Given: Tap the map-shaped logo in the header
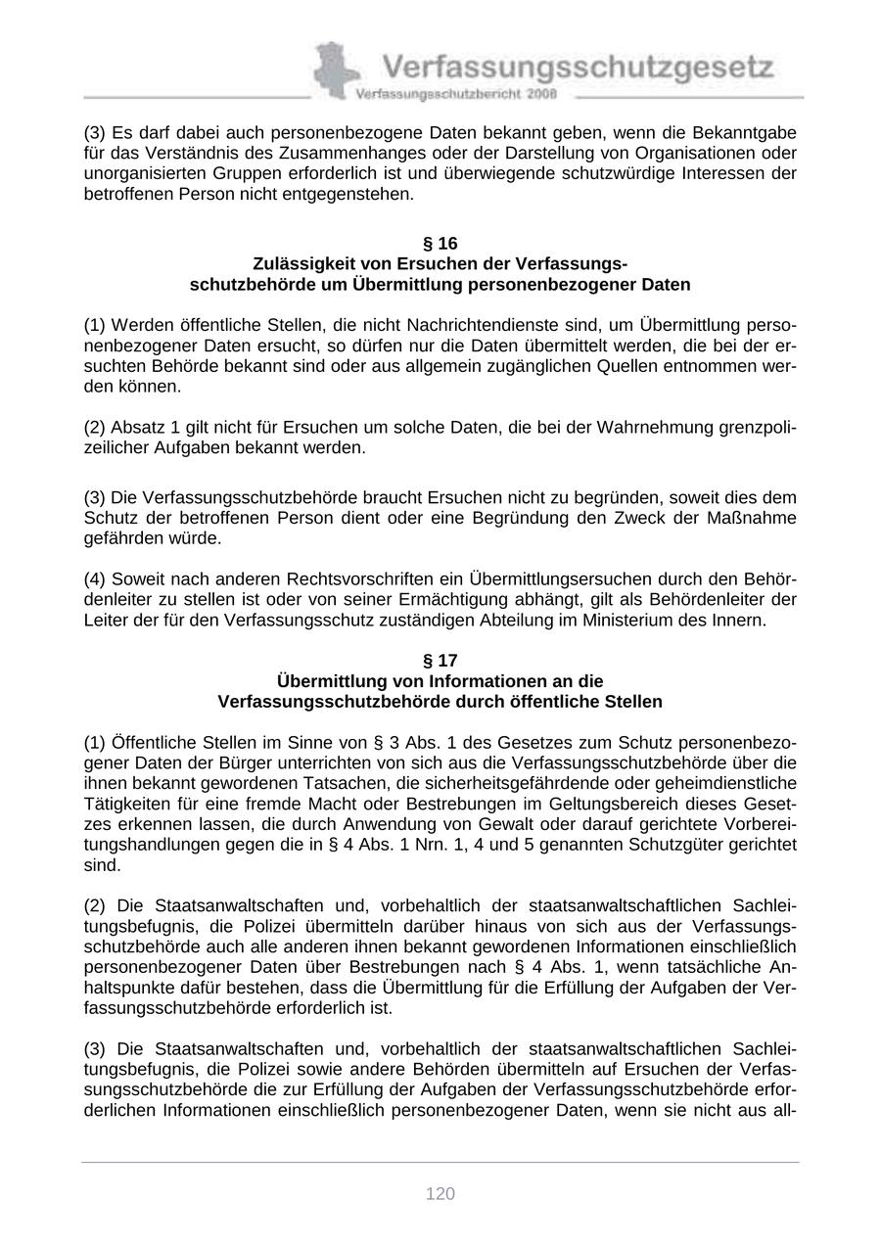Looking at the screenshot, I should tap(333, 69).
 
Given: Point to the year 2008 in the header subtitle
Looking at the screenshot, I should tap(540, 95).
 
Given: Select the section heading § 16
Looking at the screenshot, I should tap(440, 243).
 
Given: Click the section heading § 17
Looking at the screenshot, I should tap(440, 661).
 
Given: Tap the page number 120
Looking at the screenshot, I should tap(440, 1193).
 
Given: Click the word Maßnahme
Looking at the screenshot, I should tap(753, 518).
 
